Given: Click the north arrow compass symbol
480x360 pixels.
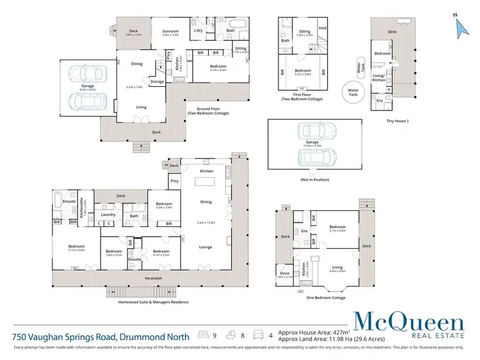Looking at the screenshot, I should click(x=460, y=26).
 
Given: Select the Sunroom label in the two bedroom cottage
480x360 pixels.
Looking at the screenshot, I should click(x=170, y=31).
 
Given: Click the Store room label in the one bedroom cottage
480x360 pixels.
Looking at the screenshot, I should click(x=284, y=273).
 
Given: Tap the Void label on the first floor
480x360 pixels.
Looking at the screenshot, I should click(x=323, y=28).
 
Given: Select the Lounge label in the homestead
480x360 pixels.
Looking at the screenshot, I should click(x=205, y=246).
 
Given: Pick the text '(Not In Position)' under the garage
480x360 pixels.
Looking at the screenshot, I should click(x=316, y=180).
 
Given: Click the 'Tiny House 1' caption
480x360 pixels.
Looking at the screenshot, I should click(x=397, y=121).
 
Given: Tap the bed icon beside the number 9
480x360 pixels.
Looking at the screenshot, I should click(x=204, y=335).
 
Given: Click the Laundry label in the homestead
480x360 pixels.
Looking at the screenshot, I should click(x=108, y=215).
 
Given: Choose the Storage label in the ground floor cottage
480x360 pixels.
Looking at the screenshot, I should click(x=157, y=81).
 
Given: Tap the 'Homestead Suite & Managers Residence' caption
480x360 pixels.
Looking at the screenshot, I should click(x=153, y=302).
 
